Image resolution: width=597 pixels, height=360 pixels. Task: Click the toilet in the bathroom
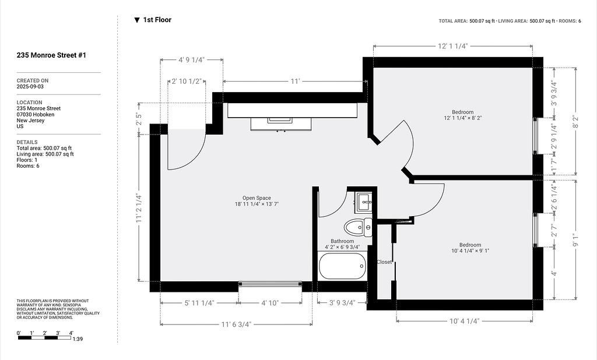pyautogui.click(x=358, y=228)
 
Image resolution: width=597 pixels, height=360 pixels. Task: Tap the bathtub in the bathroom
pyautogui.click(x=342, y=266)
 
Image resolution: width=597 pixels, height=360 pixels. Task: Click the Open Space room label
pyautogui.click(x=257, y=198)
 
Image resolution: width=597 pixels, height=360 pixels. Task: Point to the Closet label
pyautogui.click(x=384, y=262)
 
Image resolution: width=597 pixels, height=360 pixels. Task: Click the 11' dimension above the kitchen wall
pyautogui.click(x=296, y=81)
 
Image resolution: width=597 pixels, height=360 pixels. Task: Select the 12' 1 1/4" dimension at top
pyautogui.click(x=452, y=46)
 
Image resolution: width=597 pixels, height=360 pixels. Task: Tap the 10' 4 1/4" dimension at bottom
pyautogui.click(x=464, y=321)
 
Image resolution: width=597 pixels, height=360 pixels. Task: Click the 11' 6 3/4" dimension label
pyautogui.click(x=236, y=324)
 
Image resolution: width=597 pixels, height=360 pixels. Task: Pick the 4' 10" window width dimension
pyautogui.click(x=270, y=303)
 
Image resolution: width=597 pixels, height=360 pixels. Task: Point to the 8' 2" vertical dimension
pyautogui.click(x=575, y=121)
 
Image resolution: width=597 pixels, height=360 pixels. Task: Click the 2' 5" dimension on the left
pyautogui.click(x=139, y=119)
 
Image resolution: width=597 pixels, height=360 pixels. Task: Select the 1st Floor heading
pyautogui.click(x=157, y=20)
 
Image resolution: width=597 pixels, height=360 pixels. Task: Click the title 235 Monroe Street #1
pyautogui.click(x=51, y=55)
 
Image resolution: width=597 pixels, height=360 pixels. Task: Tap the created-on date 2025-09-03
pyautogui.click(x=30, y=86)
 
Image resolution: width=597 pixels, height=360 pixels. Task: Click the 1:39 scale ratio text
pyautogui.click(x=78, y=338)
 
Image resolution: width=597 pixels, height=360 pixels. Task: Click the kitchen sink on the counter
pyautogui.click(x=280, y=120)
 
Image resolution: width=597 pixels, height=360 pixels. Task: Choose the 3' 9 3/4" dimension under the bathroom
pyautogui.click(x=342, y=302)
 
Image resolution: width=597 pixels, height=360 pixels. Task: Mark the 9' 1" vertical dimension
pyautogui.click(x=575, y=240)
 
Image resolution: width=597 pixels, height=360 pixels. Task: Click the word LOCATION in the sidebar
pyautogui.click(x=29, y=103)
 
